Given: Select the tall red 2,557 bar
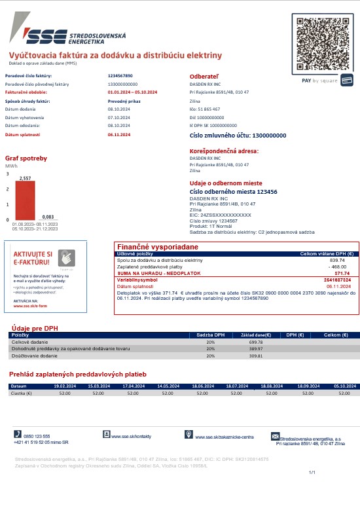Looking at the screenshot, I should pyautogui.click(x=26, y=201).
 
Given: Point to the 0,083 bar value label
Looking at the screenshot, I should pyautogui.click(x=48, y=217).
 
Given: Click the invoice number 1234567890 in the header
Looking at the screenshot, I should pyautogui.click(x=120, y=76).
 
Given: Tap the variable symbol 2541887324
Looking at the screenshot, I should pyautogui.click(x=338, y=280).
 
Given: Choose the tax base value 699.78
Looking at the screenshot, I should pyautogui.click(x=255, y=342).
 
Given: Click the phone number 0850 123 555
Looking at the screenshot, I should pyautogui.click(x=37, y=436).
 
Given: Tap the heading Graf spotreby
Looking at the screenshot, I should pyautogui.click(x=26, y=158).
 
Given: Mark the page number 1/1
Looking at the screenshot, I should pyautogui.click(x=312, y=472).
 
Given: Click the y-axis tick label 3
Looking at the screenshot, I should pyautogui.click(x=8, y=174).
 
